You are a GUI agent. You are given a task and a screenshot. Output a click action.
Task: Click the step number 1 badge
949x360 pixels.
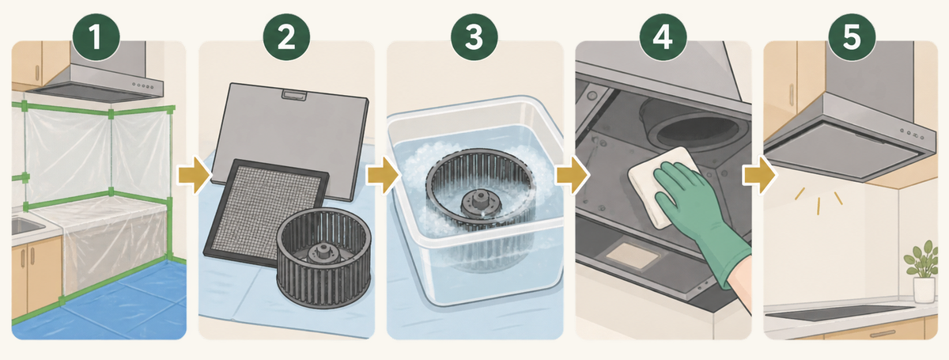point(96,37)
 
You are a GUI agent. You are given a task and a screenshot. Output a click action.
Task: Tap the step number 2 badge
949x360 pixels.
point(286,37)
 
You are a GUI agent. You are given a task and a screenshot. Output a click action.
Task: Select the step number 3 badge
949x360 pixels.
point(474,37)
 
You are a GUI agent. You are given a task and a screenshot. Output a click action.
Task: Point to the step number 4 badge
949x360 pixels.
point(663,37)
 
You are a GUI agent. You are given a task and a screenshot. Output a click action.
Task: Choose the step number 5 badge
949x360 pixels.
point(852,37)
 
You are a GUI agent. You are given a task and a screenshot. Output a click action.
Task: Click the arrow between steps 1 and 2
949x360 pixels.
point(195,175)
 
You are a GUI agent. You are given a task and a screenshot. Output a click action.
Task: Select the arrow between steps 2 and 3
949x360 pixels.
point(383,175)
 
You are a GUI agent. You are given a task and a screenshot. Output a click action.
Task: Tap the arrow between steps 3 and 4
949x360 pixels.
point(573,175)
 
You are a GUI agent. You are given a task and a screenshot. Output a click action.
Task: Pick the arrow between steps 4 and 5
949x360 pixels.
point(760,175)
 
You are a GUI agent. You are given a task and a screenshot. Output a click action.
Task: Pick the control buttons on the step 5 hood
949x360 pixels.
point(912,134)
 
